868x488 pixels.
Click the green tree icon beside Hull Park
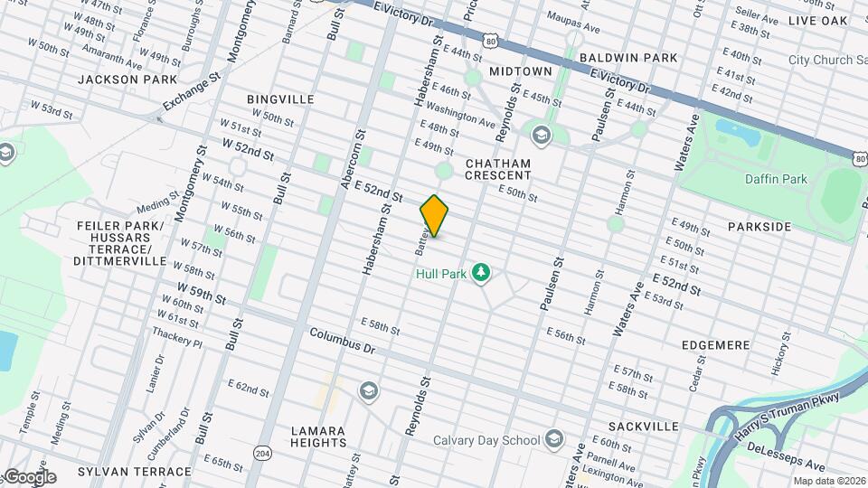click(482, 272)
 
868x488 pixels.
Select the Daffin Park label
click(776, 179)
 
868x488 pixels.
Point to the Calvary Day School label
click(485, 441)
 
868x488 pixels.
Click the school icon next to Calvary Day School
click(554, 441)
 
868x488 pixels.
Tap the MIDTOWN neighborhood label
click(520, 70)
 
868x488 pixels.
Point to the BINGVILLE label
click(280, 99)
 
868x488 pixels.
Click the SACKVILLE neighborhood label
click(643, 426)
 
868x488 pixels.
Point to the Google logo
click(29, 476)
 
